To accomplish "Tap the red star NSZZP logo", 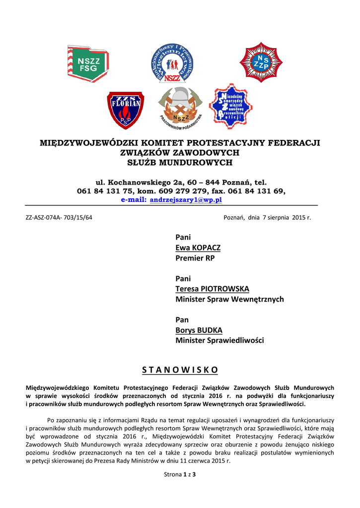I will point(261,63).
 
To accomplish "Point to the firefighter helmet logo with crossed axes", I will point(180,106).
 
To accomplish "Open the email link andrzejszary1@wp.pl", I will point(186,199).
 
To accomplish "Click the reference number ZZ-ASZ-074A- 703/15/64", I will point(59,217).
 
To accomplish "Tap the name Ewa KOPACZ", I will point(198,248).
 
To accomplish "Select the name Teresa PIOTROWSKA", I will point(212,289).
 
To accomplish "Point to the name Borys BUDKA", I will point(199,330).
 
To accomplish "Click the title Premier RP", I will point(195,258).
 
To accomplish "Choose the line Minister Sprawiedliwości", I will point(219,340).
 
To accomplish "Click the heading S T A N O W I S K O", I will point(180,370).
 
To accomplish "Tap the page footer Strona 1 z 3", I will point(180,475).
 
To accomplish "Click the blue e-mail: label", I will point(134,199).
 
